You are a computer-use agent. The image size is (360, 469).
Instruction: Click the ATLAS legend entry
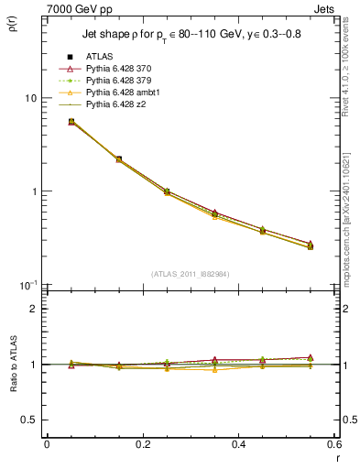click(x=99, y=58)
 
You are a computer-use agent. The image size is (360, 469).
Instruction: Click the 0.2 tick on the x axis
click(x=142, y=444)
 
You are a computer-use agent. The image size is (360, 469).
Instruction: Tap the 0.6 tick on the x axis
click(x=334, y=444)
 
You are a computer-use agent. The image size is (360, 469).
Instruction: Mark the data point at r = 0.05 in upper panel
click(x=71, y=121)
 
